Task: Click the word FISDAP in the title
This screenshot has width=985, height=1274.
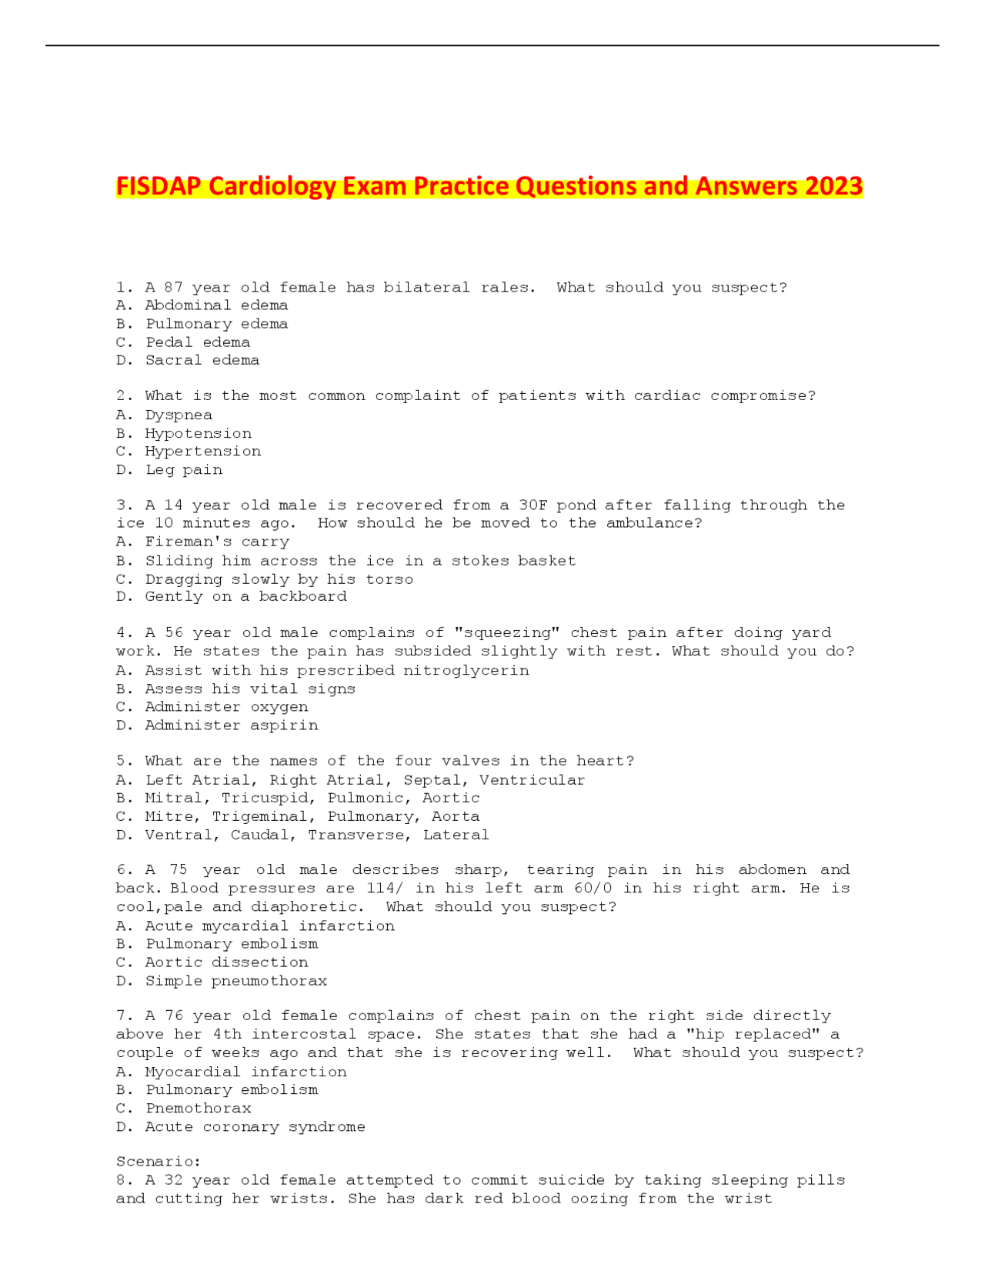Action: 159,187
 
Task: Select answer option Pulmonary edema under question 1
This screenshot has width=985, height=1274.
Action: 216,324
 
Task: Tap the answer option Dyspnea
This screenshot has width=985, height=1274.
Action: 179,415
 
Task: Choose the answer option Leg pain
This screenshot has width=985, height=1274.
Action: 183,469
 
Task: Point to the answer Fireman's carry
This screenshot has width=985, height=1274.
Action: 217,542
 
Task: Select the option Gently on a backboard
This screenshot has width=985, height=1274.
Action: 245,596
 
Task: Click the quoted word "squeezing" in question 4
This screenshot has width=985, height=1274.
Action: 508,632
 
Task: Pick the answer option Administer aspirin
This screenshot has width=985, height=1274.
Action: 231,725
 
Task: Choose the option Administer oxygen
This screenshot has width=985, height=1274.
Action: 226,706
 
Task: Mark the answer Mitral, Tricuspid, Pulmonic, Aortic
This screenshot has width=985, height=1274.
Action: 312,798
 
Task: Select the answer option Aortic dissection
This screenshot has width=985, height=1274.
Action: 226,962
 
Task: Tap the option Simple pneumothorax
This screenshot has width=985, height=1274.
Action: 235,981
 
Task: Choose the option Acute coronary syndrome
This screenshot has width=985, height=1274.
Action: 255,1126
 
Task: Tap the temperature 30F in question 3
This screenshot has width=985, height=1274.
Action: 533,505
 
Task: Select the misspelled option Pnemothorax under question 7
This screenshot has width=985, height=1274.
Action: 198,1108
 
